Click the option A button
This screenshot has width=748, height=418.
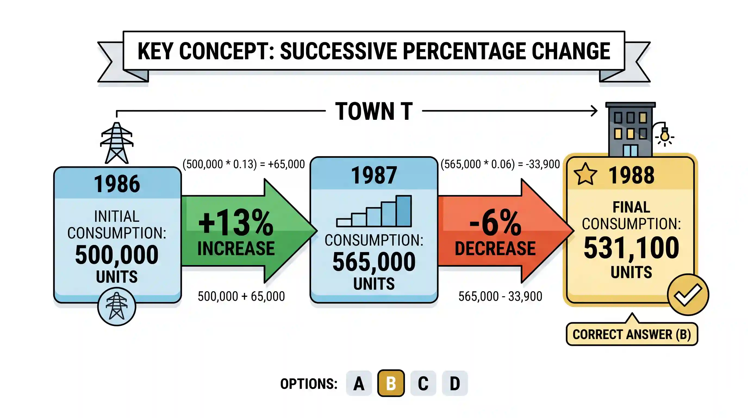coord(359,383)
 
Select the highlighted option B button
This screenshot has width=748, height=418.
coord(391,383)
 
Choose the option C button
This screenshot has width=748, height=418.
coord(423,383)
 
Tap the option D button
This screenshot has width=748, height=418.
coord(455,383)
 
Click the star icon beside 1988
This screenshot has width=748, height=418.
coord(585,174)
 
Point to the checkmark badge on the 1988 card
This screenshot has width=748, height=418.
coord(688,294)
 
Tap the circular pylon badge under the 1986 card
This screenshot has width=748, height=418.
coord(117,306)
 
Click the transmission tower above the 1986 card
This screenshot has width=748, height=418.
coord(117,143)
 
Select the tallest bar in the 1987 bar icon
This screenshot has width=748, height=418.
coord(404,211)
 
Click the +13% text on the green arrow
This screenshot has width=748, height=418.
coord(236,223)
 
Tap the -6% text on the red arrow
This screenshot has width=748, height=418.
coord(495,223)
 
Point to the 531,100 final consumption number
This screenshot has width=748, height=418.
coord(631,248)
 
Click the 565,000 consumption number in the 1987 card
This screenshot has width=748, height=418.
coord(374,262)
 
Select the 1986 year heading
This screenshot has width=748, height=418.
coord(117,184)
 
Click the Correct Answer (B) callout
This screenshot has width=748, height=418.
coord(632,334)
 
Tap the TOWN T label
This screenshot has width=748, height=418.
coord(374,111)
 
